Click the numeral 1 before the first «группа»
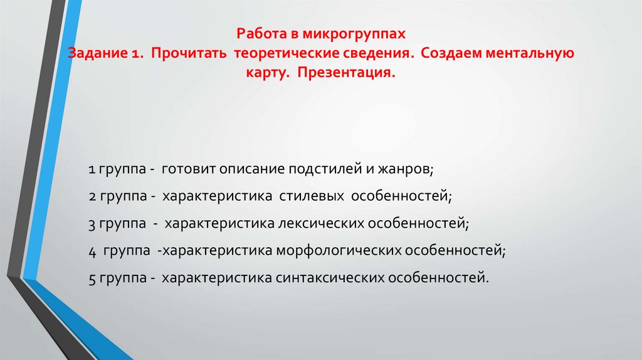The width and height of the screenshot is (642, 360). pyautogui.click(x=92, y=170)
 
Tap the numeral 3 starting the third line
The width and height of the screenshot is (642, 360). pyautogui.click(x=92, y=223)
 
